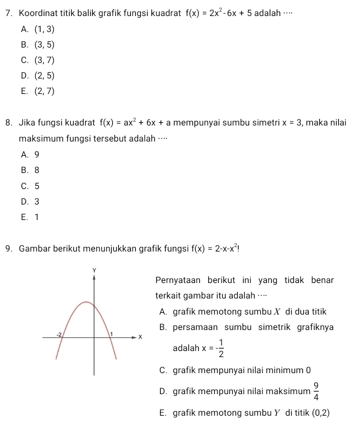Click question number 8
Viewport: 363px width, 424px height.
click(8, 122)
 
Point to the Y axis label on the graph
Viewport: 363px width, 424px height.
click(94, 270)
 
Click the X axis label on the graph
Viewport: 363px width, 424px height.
click(140, 337)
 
